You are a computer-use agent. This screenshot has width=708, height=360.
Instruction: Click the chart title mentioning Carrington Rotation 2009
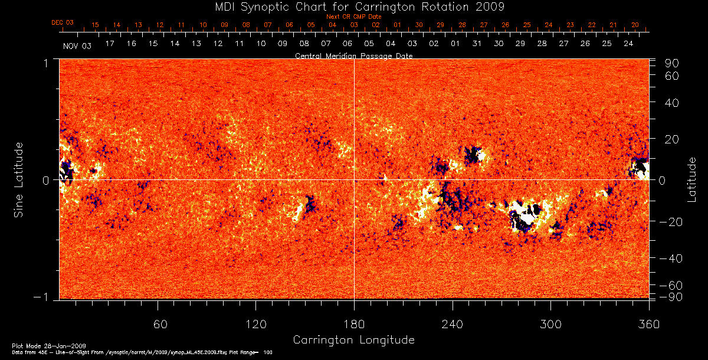click(353, 7)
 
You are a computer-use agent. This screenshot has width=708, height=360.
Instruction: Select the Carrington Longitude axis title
click(353, 340)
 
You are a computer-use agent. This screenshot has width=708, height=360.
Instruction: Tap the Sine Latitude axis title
click(18, 179)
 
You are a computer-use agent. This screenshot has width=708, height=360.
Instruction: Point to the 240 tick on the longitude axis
click(453, 324)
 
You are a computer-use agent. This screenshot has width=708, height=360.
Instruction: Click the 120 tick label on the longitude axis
click(256, 324)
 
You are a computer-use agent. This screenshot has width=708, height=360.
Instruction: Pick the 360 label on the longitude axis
click(649, 324)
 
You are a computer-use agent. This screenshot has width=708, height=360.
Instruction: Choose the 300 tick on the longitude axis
click(550, 324)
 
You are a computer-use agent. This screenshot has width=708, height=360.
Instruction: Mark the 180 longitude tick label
click(354, 324)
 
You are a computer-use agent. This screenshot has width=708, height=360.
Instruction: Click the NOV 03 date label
click(77, 45)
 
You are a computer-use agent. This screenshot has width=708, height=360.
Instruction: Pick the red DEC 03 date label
click(63, 22)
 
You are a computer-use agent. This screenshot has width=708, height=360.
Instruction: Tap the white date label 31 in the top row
click(477, 44)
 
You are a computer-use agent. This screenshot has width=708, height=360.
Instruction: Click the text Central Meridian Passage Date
click(353, 55)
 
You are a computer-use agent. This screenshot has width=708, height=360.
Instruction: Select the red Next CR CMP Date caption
click(353, 17)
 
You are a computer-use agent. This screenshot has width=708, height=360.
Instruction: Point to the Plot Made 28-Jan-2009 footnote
click(50, 346)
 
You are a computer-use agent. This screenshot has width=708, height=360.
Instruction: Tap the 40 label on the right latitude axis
click(673, 102)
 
